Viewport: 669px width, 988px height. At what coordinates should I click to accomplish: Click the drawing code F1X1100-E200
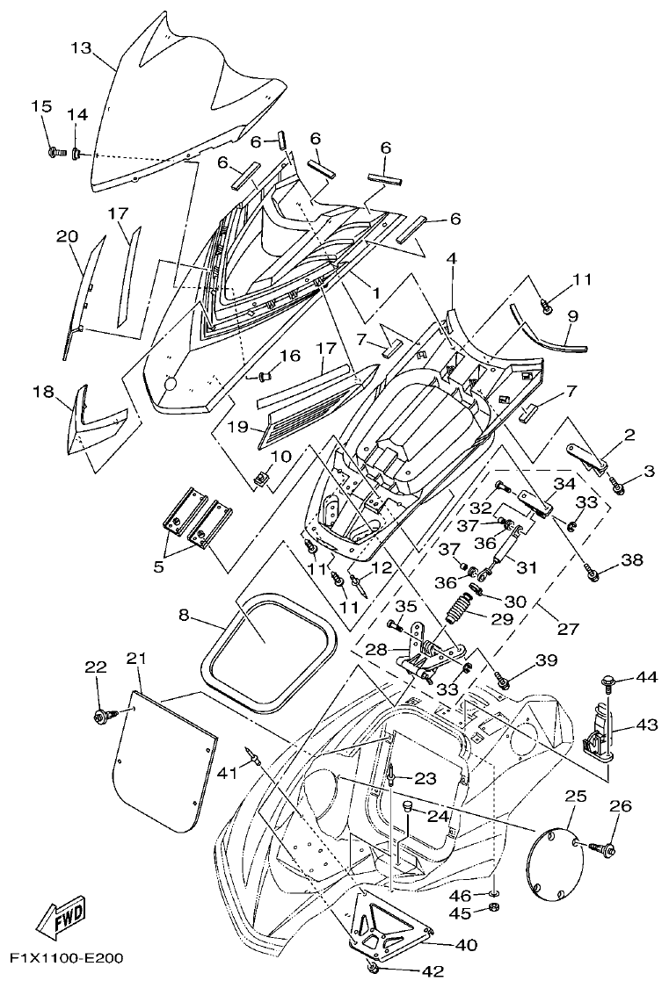[66, 956]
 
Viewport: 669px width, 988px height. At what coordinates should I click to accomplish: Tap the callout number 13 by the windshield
[81, 48]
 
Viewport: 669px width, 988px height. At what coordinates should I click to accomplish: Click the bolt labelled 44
[606, 679]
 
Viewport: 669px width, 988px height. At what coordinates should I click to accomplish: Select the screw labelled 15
[54, 152]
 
